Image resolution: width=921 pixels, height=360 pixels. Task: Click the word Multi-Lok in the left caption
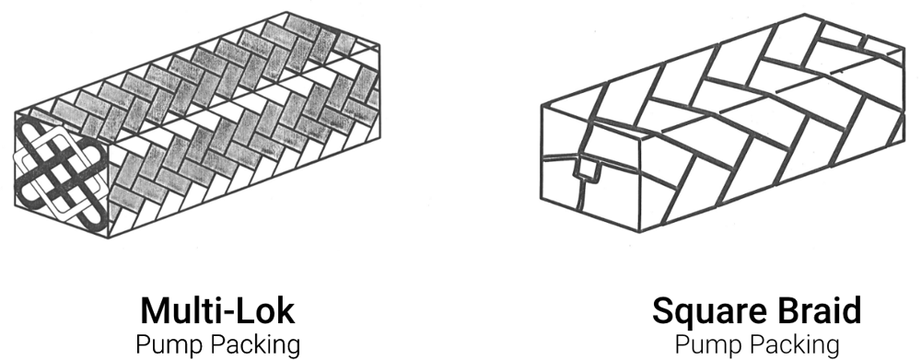tap(217, 310)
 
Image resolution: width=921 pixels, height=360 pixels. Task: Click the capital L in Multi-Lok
tap(249, 310)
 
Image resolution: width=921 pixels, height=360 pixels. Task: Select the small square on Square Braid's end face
tap(586, 170)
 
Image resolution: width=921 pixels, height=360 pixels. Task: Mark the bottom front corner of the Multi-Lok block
tap(109, 238)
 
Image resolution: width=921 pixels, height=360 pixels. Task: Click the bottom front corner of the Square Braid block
tap(639, 231)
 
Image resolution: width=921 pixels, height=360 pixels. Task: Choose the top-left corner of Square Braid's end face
tap(541, 105)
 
